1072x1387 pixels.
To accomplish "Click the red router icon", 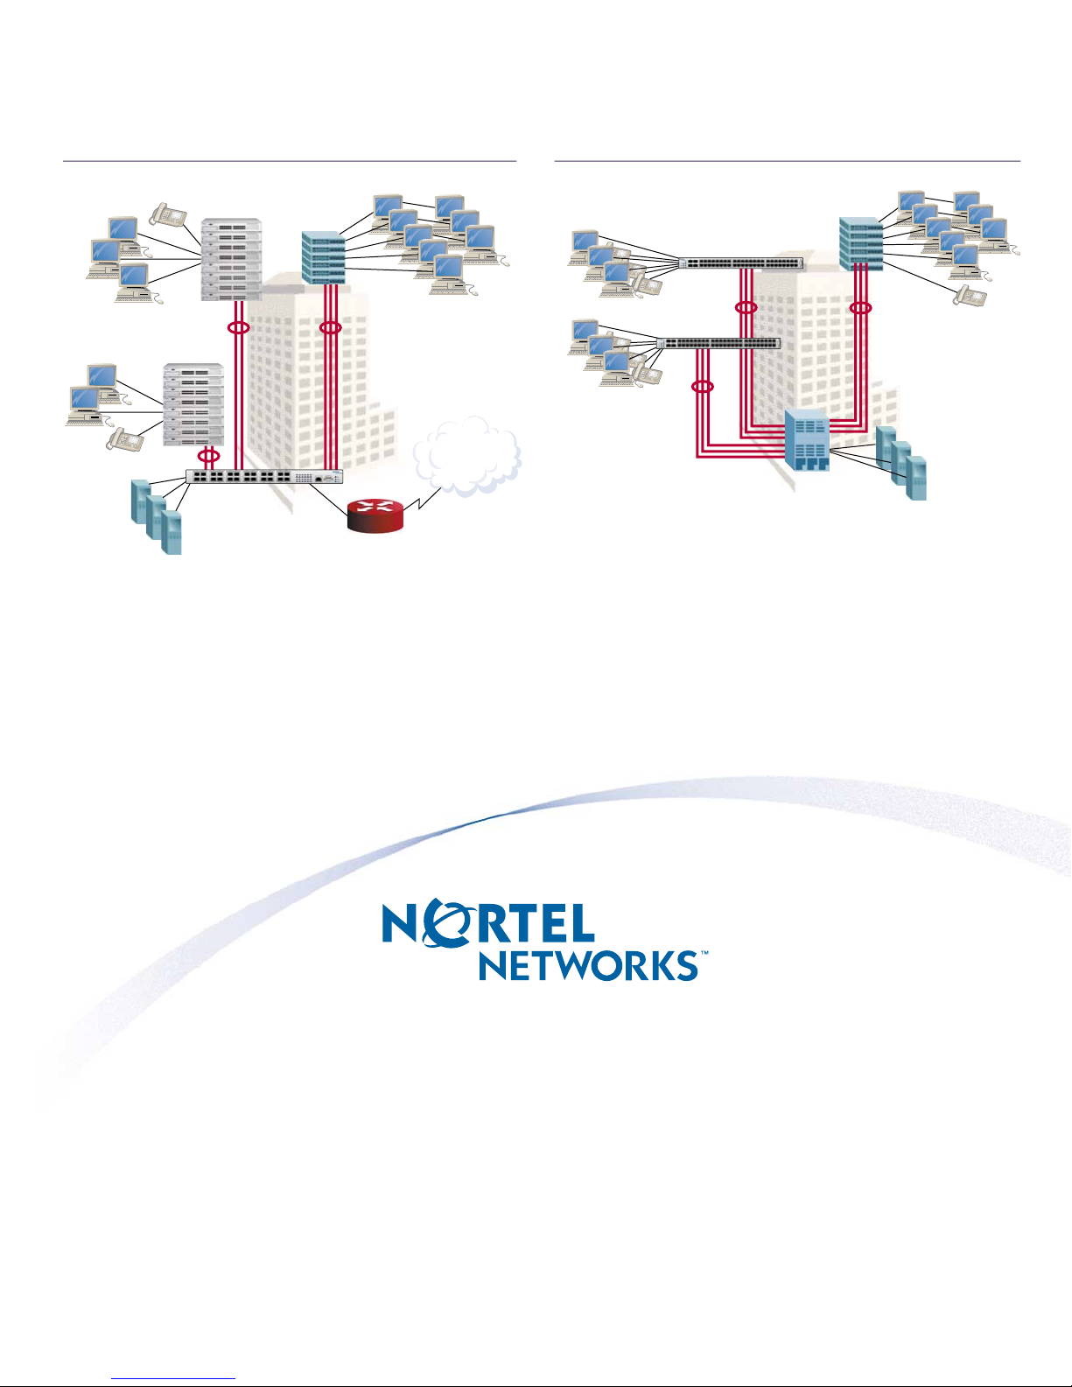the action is point(375,515).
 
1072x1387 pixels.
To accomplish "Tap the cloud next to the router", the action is point(467,456).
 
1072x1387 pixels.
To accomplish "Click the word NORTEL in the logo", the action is point(488,922).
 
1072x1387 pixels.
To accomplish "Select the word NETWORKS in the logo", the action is point(588,965).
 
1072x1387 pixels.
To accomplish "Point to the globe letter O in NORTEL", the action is point(442,922).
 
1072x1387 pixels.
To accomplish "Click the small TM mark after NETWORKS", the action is point(704,953).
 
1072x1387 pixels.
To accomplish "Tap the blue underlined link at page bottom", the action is point(173,1379).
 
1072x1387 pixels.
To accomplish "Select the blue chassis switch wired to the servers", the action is point(807,440).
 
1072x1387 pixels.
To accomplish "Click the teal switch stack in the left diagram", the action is point(324,258).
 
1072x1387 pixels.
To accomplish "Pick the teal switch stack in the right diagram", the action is point(861,244).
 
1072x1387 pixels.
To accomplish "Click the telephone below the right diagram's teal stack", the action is point(970,296).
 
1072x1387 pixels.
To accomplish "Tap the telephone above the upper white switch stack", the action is point(168,214).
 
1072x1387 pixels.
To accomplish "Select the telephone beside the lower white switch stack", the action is point(124,440).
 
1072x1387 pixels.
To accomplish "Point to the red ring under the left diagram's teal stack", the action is point(330,328).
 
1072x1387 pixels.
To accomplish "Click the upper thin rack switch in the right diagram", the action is point(741,263).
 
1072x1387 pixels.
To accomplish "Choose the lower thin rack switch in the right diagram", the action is point(718,343).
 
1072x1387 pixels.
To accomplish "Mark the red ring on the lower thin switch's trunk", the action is point(703,387).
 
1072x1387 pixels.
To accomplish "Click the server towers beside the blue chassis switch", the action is point(901,463).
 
